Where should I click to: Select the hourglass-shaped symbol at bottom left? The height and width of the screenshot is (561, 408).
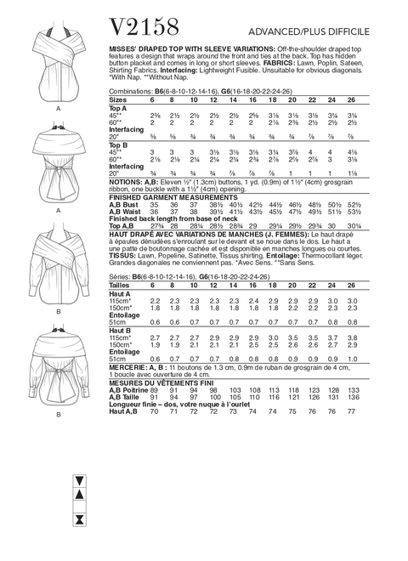79,542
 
